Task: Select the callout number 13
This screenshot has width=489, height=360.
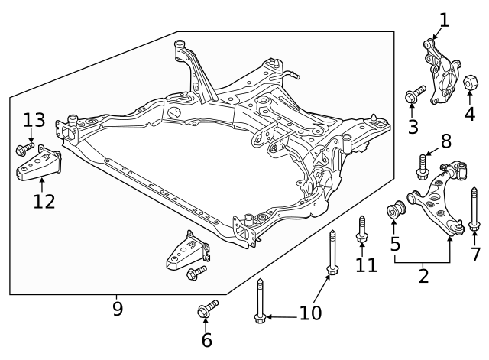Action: (x=34, y=120)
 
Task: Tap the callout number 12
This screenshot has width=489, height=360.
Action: (x=44, y=201)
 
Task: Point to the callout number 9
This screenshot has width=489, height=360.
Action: (x=118, y=310)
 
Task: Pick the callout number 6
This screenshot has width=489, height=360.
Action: (x=206, y=340)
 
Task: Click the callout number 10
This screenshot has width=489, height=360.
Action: (x=310, y=313)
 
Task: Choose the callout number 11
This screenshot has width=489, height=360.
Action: (x=367, y=265)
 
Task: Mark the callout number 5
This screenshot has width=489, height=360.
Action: (x=395, y=245)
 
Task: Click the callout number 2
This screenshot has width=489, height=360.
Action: (x=423, y=276)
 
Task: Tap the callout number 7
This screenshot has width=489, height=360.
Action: (x=476, y=254)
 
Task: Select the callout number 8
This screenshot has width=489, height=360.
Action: (x=445, y=141)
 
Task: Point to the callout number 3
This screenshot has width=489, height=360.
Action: (x=413, y=126)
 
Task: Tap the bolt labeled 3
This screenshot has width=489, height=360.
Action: (x=413, y=96)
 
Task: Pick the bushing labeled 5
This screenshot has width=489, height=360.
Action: (x=395, y=209)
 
